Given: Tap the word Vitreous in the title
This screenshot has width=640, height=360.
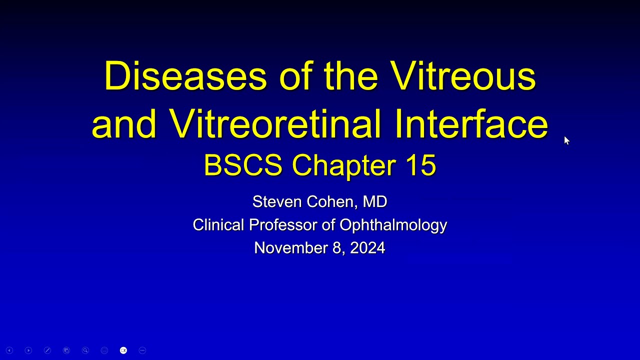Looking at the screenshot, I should point(463,76).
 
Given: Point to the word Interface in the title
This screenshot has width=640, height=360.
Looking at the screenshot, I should point(471,123).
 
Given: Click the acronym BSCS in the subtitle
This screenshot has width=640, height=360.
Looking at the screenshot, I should point(243,165).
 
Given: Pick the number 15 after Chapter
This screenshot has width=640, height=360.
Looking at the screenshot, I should point(420,165).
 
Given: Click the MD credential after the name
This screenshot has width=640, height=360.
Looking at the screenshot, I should point(374,201).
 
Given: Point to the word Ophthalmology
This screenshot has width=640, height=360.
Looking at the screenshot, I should point(393,225).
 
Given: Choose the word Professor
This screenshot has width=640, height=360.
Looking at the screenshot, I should point(282,225).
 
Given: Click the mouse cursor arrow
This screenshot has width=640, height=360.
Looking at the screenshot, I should point(566,140).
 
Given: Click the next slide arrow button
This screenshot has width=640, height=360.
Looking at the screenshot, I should point(28,350).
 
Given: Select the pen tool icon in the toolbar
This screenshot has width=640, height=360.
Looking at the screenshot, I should point(47,350).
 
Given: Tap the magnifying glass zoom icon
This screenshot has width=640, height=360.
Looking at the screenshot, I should point(85,350).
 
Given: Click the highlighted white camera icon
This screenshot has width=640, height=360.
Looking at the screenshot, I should point(123,350).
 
